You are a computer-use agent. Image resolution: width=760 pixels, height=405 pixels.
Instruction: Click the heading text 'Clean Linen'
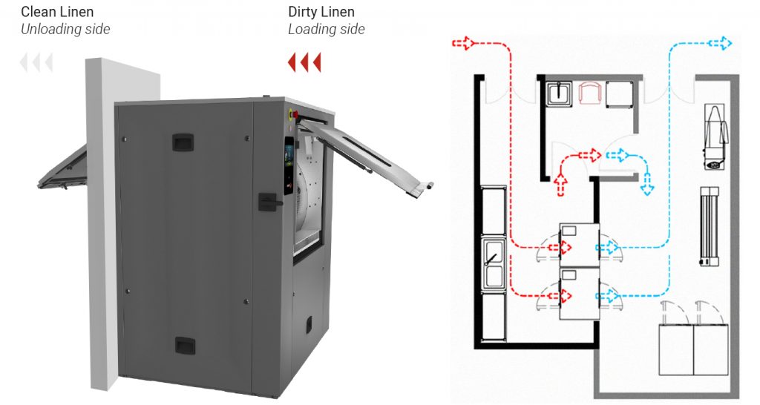[x=57, y=12]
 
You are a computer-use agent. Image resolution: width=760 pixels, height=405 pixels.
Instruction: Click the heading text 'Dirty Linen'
[x=321, y=12]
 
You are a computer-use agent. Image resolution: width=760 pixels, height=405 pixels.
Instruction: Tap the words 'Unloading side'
[x=65, y=29]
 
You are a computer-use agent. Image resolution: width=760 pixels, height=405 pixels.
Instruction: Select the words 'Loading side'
[x=327, y=29]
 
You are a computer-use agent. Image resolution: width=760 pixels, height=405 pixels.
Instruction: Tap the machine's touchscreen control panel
[x=289, y=165]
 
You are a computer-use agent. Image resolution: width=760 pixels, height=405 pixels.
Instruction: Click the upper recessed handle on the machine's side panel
[x=183, y=142]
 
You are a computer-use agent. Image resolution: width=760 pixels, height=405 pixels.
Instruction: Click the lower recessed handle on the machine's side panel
[x=185, y=346]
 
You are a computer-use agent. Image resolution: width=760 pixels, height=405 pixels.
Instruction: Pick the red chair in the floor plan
[x=589, y=92]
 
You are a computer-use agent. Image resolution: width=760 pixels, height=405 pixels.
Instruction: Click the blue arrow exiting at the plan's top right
[x=719, y=43]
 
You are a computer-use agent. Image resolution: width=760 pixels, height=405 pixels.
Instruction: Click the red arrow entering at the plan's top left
[x=463, y=43]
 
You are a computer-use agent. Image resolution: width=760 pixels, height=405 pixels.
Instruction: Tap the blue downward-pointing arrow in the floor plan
[x=647, y=184]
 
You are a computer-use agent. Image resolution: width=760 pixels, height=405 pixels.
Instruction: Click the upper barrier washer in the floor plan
[x=579, y=245]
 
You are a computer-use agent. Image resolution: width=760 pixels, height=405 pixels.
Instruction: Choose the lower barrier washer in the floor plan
[x=579, y=294]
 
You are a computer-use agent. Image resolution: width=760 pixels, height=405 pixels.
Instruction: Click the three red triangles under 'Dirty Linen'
[x=304, y=63]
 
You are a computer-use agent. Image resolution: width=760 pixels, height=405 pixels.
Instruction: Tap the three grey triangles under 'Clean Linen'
[x=36, y=63]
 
